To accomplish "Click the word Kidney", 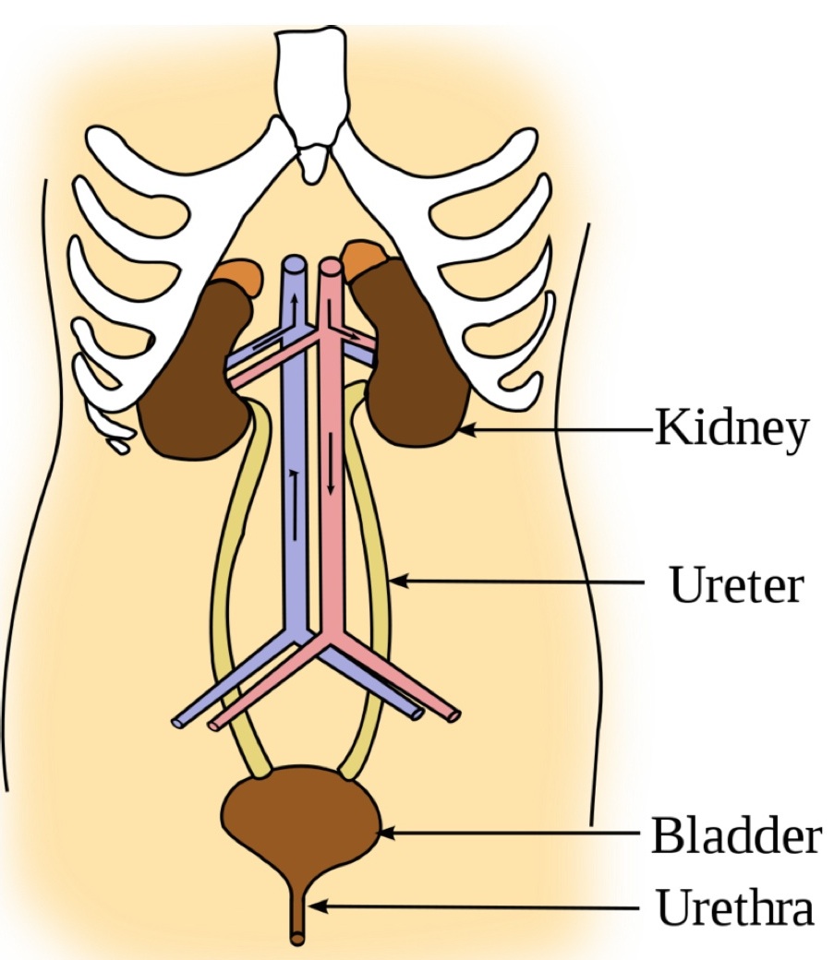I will [731, 430].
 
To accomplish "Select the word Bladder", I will [735, 834].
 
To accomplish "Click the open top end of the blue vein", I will [293, 264].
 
